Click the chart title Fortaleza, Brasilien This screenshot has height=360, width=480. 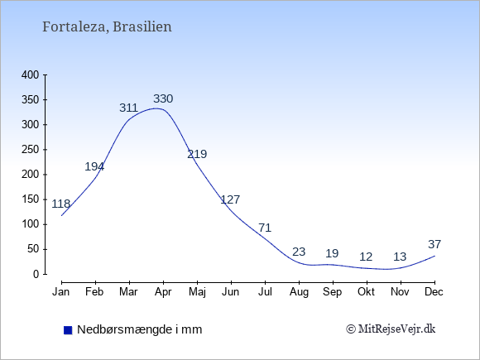[107, 26]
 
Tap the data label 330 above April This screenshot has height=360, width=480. [163, 98]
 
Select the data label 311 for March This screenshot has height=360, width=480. [128, 108]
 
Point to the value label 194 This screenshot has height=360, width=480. [94, 166]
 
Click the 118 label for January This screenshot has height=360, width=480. [61, 204]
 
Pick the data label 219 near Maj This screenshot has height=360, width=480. [197, 154]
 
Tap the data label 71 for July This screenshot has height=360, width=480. [265, 228]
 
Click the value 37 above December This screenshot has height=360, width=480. [434, 244]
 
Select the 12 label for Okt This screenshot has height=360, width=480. [366, 257]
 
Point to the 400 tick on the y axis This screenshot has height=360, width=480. [31, 74]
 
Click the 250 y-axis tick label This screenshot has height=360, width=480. [31, 150]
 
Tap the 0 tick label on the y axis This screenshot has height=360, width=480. [36, 274]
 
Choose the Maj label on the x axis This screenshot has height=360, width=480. [197, 292]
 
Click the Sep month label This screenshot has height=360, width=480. [332, 292]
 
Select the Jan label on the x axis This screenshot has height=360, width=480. [61, 292]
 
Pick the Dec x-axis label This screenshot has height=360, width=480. [434, 292]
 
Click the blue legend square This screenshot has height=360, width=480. [68, 330]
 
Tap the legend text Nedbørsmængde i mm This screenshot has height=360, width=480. [140, 329]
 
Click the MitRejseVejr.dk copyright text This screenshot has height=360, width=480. [391, 329]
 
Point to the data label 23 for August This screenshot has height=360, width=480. [299, 252]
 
